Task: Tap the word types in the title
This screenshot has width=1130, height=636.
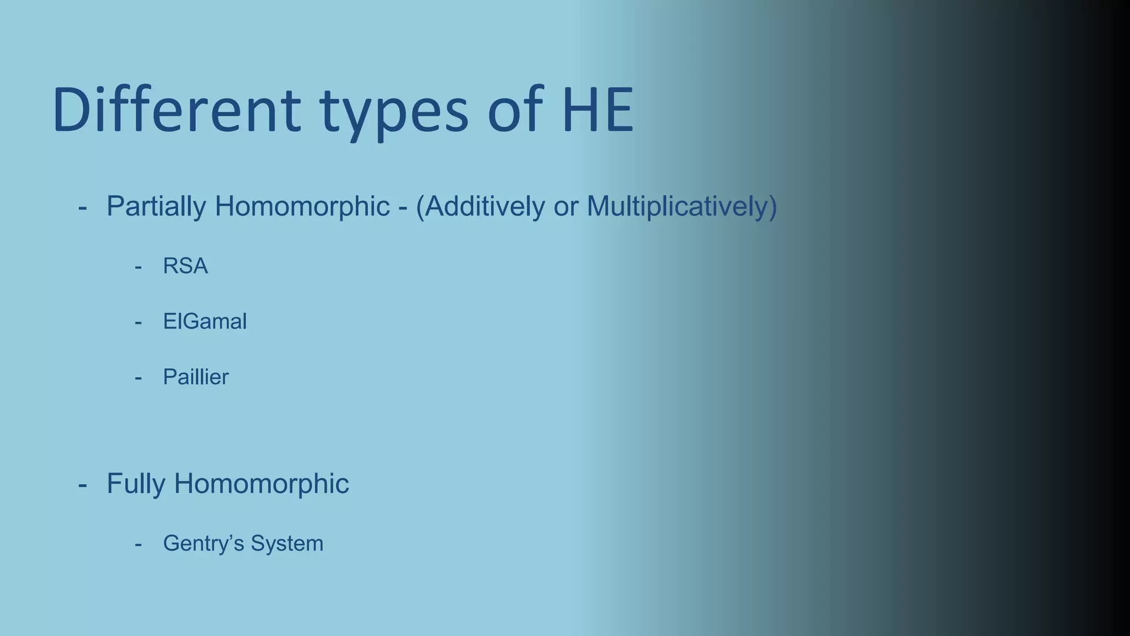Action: [394, 113]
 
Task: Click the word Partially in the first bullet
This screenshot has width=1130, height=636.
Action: [156, 206]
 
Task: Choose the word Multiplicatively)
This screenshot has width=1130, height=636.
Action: [682, 206]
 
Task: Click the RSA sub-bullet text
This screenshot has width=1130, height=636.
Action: [185, 266]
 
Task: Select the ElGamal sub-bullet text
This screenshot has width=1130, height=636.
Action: [205, 321]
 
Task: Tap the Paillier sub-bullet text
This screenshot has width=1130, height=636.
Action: [196, 377]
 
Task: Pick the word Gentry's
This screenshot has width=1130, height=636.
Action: [203, 544]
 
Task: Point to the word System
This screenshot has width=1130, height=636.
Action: [287, 544]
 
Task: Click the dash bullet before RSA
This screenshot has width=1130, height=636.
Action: [138, 267]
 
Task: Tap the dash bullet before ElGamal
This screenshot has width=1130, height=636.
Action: [138, 322]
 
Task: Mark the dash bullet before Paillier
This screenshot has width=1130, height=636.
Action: [138, 378]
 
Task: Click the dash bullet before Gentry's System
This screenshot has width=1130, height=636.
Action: [138, 544]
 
